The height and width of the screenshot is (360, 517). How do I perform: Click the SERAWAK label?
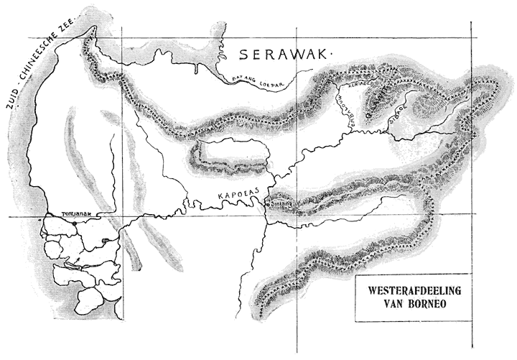[x=282, y=54]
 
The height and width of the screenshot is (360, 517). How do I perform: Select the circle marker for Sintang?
[x=266, y=205]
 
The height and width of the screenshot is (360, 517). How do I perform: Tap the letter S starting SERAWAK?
[x=244, y=55]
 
